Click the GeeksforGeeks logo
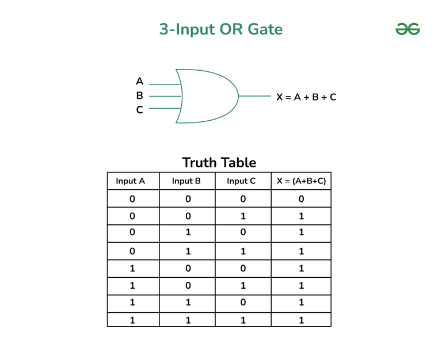407,29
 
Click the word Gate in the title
265,29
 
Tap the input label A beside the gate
139,81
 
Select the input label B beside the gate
139,95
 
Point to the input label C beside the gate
139,110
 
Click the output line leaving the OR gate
255,96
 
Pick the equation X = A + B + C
306,97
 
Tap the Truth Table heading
219,163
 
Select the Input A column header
130,181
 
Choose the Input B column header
186,181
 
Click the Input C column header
241,181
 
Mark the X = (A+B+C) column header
301,181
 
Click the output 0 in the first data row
301,199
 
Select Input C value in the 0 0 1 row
243,216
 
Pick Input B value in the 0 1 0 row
188,232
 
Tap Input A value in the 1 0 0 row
132,268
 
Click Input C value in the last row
243,320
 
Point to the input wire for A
165,85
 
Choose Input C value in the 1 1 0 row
243,302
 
